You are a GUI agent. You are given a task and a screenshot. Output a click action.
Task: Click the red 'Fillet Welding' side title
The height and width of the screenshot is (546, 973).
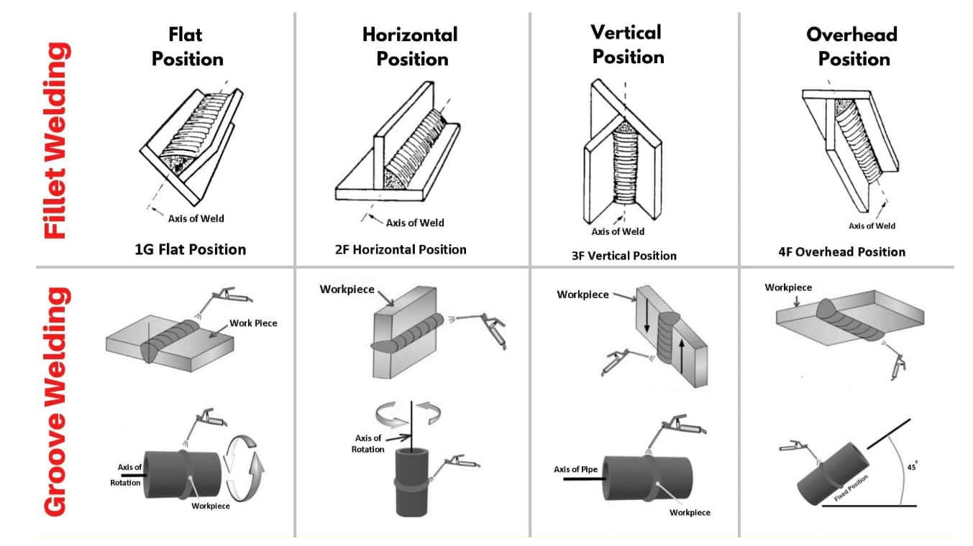point(58,140)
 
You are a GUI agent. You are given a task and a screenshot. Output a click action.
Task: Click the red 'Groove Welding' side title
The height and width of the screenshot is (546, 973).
point(58,402)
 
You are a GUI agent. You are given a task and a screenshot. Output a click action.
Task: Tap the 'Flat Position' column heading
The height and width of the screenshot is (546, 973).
point(187,46)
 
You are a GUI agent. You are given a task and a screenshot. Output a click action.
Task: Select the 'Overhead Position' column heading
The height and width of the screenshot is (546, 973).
point(854,46)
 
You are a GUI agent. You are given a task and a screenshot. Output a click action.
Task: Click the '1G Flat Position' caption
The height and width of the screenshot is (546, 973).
point(191,250)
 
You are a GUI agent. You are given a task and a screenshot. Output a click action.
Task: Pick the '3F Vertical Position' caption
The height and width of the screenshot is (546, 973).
point(624,255)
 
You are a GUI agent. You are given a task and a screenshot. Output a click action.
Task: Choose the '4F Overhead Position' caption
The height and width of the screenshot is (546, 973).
point(851,251)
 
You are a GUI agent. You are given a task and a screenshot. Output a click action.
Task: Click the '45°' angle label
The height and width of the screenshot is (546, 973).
point(912,466)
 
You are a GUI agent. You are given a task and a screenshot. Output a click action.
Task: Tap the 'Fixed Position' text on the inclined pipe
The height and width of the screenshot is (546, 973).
point(851,488)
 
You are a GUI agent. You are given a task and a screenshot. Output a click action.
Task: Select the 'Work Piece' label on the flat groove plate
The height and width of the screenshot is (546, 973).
point(253,323)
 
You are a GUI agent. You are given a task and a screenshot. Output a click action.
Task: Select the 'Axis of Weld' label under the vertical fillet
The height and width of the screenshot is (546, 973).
point(618,231)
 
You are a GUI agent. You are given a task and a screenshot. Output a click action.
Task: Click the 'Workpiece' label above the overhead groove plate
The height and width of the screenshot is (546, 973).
point(788,287)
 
